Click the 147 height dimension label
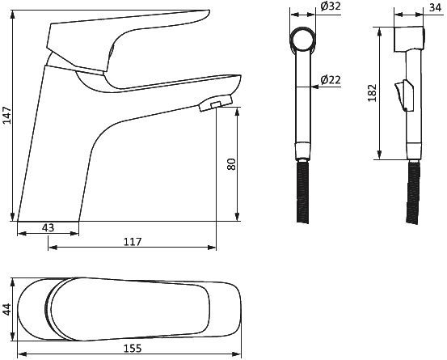click(x=6, y=115)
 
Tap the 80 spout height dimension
click(x=231, y=164)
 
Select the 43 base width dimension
click(x=48, y=227)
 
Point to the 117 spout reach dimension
click(x=133, y=242)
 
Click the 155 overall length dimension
click(x=133, y=348)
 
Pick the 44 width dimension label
click(x=6, y=309)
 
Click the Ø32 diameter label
click(x=331, y=6)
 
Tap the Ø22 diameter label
click(x=331, y=79)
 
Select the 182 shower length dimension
click(x=372, y=93)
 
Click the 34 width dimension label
click(x=436, y=7)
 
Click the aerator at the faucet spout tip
click(x=216, y=103)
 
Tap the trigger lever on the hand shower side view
click(x=404, y=95)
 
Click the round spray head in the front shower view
click(x=303, y=40)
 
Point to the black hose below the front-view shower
click(x=303, y=191)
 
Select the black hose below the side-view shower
click(x=413, y=193)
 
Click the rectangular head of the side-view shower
click(x=409, y=40)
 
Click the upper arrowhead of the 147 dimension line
click(x=12, y=15)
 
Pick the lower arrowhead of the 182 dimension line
click(x=379, y=155)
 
